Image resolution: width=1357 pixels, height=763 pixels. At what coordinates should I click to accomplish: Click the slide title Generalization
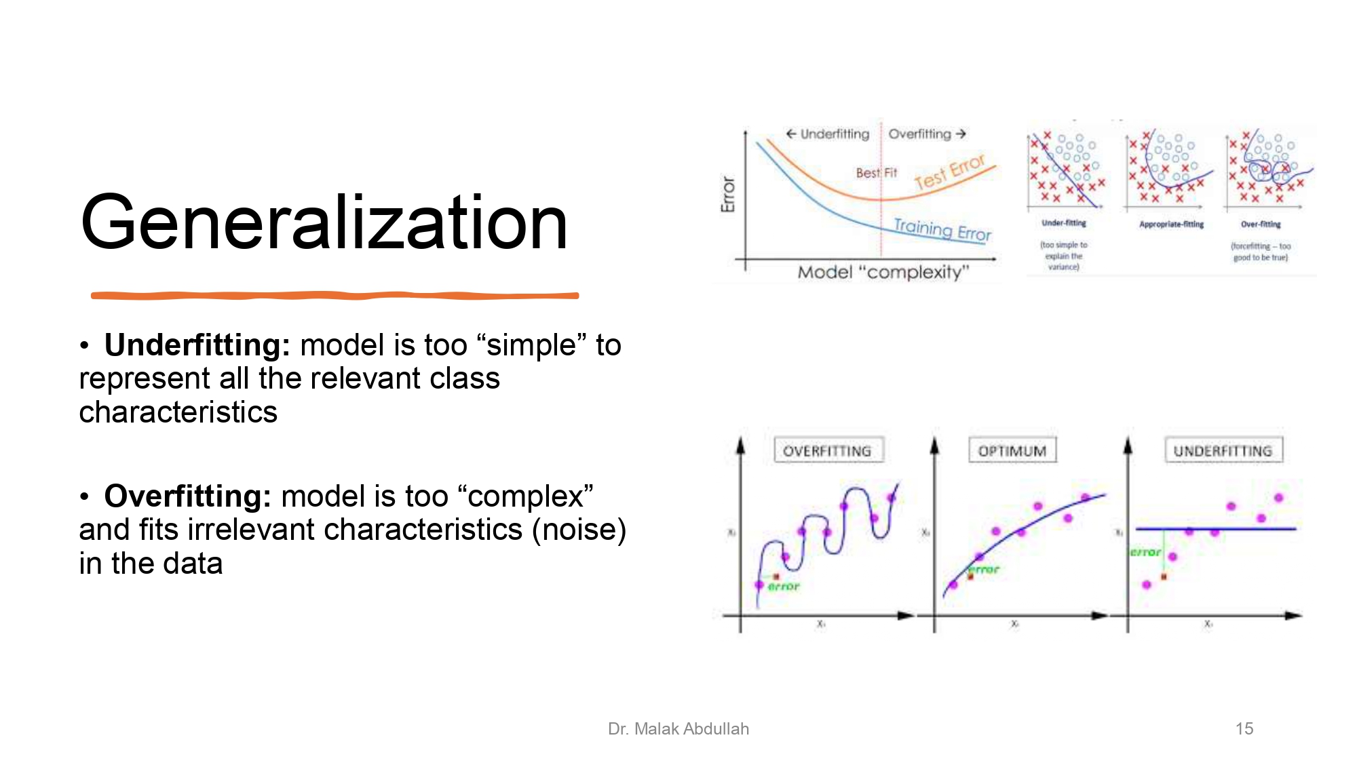(324, 222)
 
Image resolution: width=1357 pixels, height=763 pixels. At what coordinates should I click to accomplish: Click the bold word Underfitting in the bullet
(197, 345)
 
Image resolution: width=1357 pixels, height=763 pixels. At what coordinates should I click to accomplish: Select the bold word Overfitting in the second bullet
(187, 496)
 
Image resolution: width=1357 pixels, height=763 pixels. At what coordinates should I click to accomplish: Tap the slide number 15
(1244, 728)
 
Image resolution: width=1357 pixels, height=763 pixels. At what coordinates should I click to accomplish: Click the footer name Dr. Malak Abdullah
(678, 728)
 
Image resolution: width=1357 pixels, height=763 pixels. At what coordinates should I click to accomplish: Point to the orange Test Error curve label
(949, 172)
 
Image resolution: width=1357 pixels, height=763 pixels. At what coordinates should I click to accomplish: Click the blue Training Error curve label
(942, 229)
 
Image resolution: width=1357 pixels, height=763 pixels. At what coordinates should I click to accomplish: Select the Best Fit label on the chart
(876, 173)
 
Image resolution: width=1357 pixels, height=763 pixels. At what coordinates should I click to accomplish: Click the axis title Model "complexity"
(883, 272)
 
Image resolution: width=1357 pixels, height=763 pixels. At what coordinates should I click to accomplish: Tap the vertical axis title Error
(728, 194)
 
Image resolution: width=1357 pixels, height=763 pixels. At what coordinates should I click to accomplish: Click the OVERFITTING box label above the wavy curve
(827, 451)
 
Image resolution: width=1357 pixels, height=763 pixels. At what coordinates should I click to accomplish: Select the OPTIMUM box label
(1012, 451)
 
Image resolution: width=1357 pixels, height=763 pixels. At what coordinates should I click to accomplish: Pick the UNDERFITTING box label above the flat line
(1223, 451)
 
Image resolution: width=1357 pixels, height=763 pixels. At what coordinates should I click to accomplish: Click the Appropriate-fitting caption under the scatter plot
(1171, 224)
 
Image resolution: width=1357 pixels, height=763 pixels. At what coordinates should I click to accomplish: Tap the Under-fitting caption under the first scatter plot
(1063, 223)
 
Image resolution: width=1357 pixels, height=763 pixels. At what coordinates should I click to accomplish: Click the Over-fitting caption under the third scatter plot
(1261, 224)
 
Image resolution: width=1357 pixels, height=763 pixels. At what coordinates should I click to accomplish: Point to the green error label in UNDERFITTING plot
(1145, 553)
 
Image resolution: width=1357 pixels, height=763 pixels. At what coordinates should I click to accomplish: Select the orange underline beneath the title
(335, 296)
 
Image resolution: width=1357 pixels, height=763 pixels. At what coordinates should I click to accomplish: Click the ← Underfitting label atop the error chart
(828, 134)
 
